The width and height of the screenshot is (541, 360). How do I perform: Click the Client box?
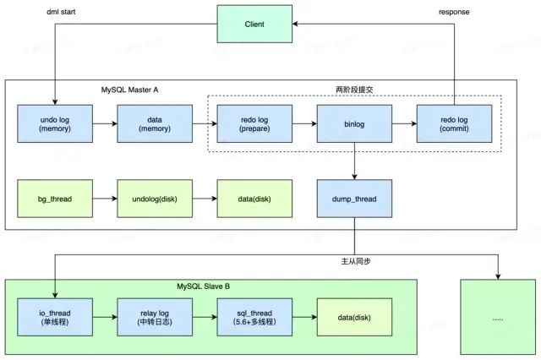pos(254,24)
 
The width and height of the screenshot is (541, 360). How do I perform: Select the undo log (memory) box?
pos(55,123)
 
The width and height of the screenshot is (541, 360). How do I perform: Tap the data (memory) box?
pos(155,123)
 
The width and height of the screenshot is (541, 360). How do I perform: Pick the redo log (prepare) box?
pos(254,123)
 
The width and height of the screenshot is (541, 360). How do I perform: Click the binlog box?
pos(354,123)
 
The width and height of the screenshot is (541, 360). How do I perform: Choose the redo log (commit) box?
pos(454,123)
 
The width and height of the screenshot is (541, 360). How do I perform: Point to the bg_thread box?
pos(55,199)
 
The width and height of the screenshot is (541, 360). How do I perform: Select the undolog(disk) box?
pos(155,199)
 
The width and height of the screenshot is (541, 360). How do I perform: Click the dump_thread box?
pos(354,199)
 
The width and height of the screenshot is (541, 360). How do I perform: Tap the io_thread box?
pos(55,317)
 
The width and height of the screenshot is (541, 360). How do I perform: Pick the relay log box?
pos(155,317)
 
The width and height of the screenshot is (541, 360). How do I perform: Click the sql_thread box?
pos(254,317)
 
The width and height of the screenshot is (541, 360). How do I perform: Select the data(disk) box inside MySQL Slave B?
pos(354,317)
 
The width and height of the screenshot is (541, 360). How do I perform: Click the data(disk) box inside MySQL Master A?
pos(254,199)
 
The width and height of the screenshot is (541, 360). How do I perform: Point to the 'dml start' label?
pos(61,12)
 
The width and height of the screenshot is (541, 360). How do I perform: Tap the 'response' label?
pos(454,12)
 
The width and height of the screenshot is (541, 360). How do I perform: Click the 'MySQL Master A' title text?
pos(129,90)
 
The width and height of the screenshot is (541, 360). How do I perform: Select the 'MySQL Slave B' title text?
pos(203,286)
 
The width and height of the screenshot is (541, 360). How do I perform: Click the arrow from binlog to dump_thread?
pos(354,161)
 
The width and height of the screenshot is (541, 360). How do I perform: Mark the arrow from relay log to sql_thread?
pos(205,317)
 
